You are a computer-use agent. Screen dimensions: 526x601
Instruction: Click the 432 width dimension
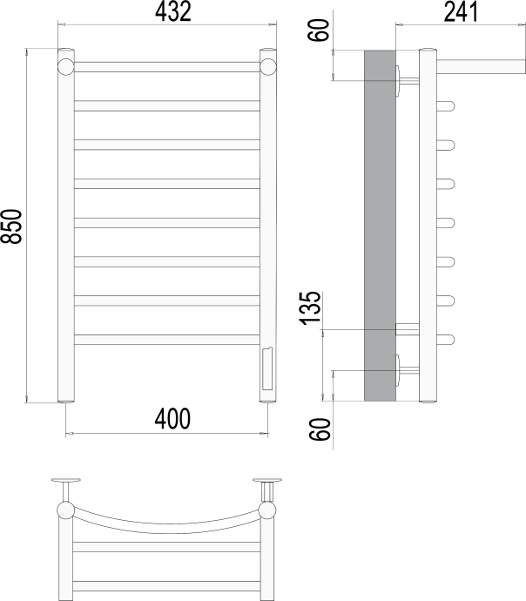pyautogui.click(x=172, y=11)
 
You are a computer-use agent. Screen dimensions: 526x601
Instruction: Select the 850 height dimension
pyautogui.click(x=11, y=226)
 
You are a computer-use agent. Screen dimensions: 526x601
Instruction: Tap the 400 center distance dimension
pyautogui.click(x=172, y=419)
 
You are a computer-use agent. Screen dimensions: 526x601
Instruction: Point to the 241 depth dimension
pyautogui.click(x=461, y=11)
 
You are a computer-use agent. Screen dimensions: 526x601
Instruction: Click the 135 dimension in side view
pyautogui.click(x=309, y=308)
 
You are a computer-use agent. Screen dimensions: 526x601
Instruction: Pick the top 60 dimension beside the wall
pyautogui.click(x=319, y=30)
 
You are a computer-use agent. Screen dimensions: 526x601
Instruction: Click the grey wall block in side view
pyautogui.click(x=380, y=226)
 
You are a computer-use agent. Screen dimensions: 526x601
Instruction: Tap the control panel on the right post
pyautogui.click(x=267, y=368)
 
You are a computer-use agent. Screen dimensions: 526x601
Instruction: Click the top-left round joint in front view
pyautogui.click(x=66, y=67)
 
